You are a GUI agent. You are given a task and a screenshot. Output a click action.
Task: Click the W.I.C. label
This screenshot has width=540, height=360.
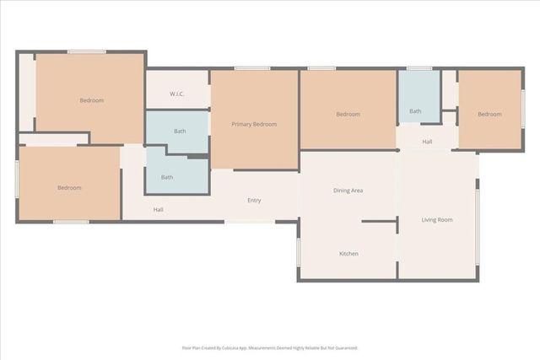tap(177, 94)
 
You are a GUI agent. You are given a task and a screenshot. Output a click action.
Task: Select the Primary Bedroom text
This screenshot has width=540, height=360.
tap(254, 124)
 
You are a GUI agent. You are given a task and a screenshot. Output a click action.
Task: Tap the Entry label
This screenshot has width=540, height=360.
tap(254, 201)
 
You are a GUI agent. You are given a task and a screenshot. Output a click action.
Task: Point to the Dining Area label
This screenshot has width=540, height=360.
tap(348, 191)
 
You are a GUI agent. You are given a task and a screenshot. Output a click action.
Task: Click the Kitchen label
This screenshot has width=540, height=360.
tap(349, 254)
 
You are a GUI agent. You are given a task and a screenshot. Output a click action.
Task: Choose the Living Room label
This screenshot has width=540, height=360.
tap(437, 220)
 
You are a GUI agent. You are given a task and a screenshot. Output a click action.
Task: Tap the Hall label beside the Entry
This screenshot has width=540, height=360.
tap(158, 209)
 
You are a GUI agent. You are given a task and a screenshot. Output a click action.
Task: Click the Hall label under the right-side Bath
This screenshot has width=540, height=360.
tap(427, 142)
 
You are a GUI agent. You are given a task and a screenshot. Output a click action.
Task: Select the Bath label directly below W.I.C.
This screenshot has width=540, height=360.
tap(180, 131)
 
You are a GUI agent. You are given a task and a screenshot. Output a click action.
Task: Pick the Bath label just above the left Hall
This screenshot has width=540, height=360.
tap(167, 177)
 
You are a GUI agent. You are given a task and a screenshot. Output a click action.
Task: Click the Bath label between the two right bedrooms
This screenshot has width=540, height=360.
tap(415, 110)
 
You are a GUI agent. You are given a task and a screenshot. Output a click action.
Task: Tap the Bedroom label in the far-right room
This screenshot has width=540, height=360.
tap(489, 114)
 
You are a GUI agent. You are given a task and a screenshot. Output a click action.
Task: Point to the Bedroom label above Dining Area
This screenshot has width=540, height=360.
tap(348, 114)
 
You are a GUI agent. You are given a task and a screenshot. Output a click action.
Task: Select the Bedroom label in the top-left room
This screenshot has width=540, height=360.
tap(91, 100)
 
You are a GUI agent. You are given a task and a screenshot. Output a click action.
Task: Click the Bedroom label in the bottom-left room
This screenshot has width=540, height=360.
tap(69, 187)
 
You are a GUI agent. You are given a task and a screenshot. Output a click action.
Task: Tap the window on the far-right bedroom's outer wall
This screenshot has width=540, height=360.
tap(522, 109)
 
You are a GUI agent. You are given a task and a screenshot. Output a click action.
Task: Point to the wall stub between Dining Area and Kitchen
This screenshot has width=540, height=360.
tap(380, 222)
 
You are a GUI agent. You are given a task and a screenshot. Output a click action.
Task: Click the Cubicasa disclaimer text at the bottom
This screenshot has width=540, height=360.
tap(270, 347)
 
